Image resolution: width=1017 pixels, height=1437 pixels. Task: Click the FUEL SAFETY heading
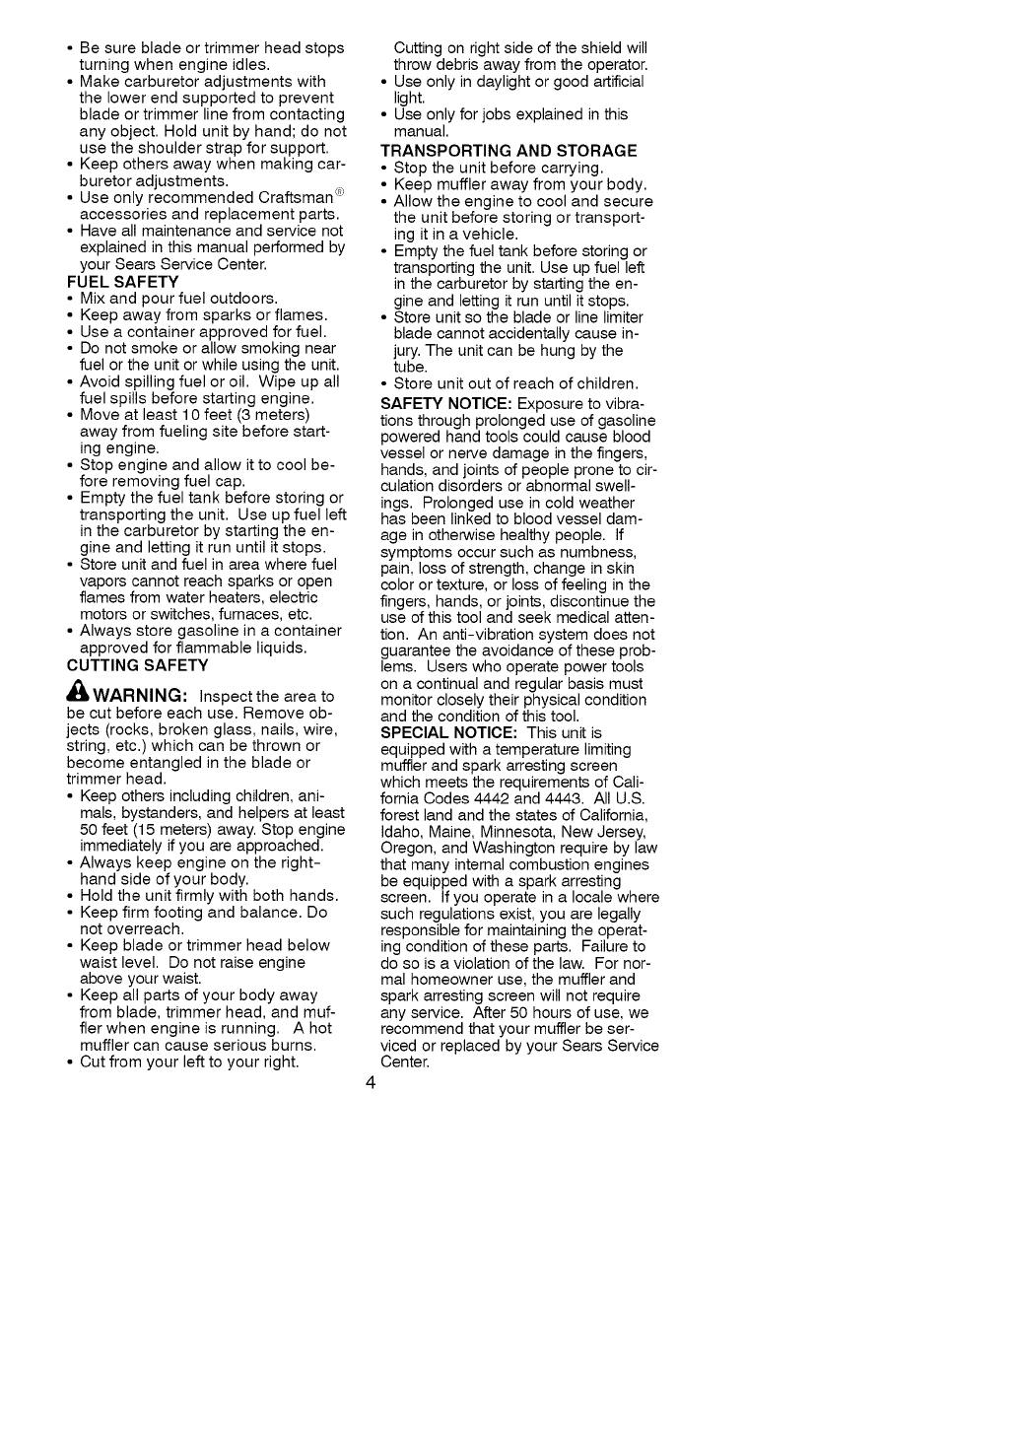coord(122,282)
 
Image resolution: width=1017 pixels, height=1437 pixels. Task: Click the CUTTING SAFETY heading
coord(137,664)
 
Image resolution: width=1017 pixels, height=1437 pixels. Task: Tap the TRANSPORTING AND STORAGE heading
coord(508,151)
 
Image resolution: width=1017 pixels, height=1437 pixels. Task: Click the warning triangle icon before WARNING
coord(78,694)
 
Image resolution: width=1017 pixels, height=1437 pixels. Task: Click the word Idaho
coord(400,833)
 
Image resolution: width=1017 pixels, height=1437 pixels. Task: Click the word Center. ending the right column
coord(405,1062)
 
